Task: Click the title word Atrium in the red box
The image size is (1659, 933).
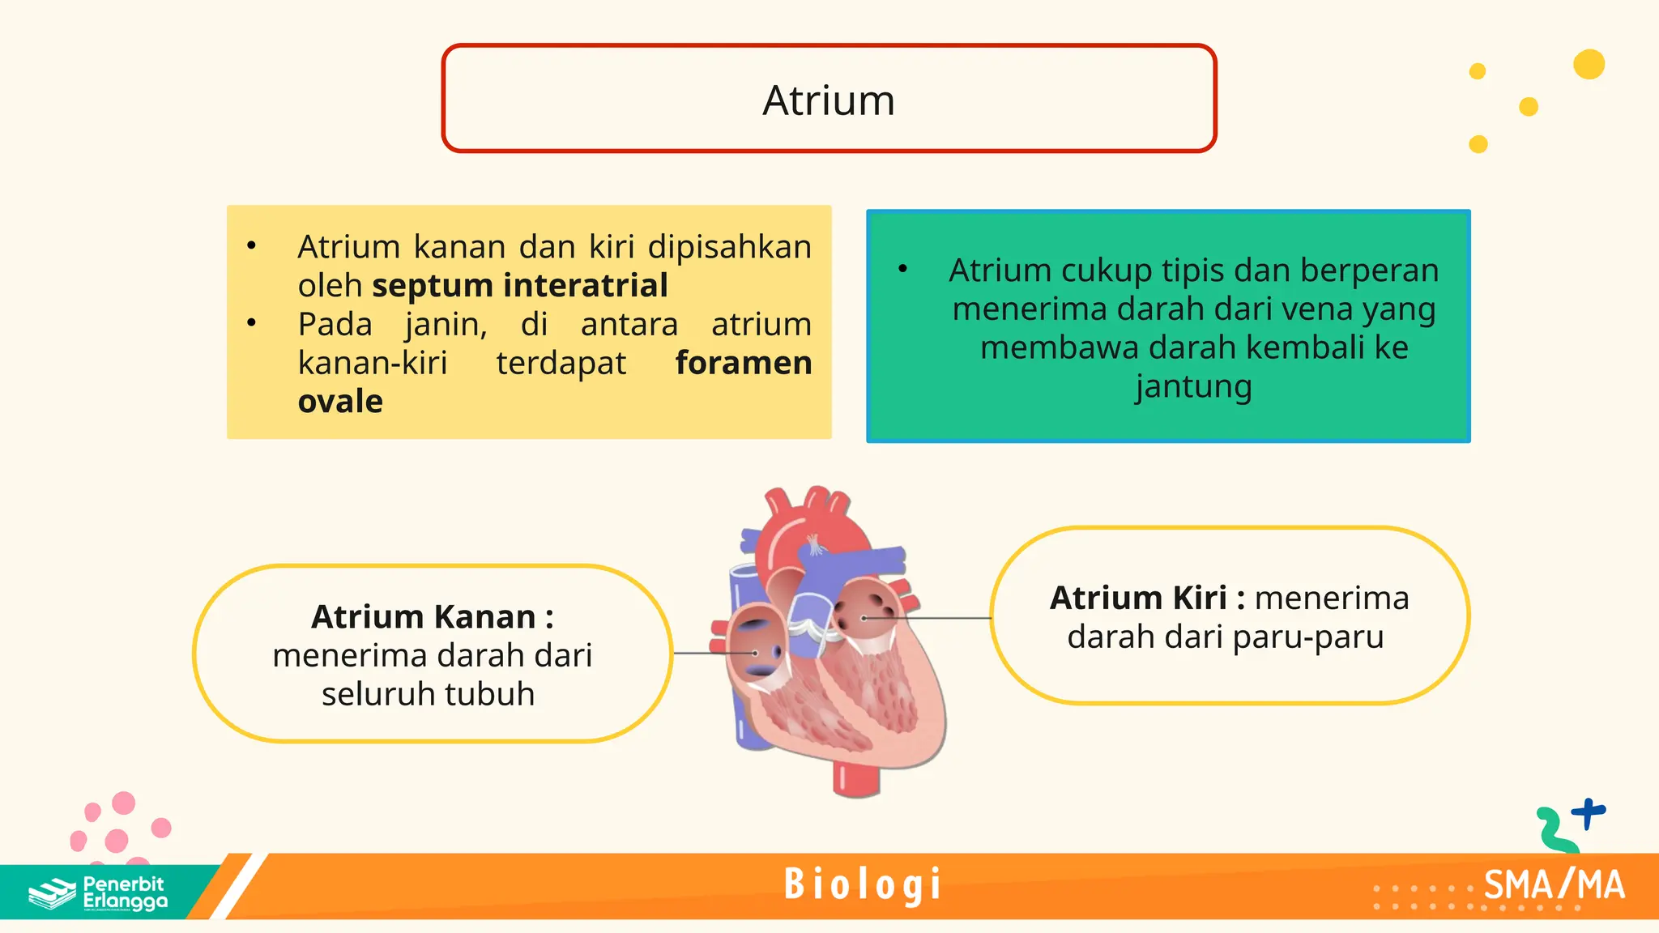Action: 829,100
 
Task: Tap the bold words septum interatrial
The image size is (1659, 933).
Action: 519,286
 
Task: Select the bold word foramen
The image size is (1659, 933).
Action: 743,363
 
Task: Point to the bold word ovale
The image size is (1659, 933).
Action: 340,402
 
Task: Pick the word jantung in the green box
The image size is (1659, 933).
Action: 1193,387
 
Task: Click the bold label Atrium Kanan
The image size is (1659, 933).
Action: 432,617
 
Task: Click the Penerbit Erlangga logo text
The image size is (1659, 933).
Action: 125,893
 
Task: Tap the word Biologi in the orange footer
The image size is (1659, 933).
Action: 863,884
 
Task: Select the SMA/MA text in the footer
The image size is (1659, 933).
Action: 1554,885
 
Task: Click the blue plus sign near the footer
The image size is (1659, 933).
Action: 1588,812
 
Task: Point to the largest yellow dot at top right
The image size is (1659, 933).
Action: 1589,65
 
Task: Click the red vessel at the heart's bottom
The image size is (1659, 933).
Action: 855,777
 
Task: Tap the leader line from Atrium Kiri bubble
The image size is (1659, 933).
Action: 932,618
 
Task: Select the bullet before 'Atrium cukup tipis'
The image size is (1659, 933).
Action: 903,269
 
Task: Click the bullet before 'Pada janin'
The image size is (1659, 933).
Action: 252,323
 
